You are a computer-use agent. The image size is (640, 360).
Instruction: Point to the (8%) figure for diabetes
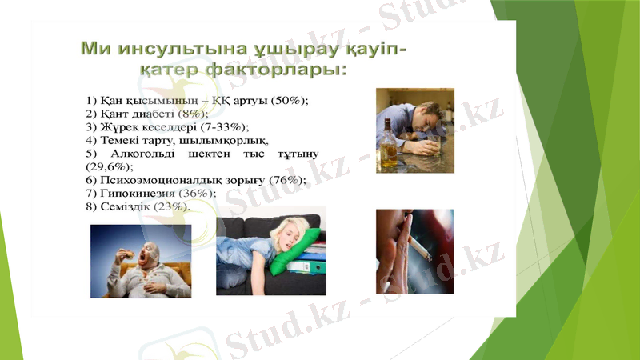(193, 114)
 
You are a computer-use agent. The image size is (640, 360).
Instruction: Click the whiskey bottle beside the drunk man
(388, 144)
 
